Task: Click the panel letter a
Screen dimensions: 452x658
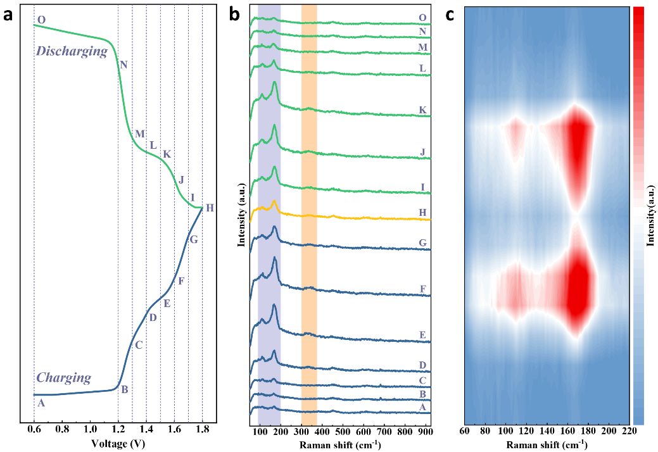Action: point(8,15)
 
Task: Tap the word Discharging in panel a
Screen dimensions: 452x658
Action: point(72,51)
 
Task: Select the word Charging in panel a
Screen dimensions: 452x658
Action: point(64,378)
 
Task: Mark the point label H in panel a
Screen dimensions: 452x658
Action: point(210,208)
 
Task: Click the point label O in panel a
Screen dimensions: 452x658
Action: point(41,20)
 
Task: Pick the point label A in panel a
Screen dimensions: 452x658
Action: point(41,403)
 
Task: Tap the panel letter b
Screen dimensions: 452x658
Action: point(234,15)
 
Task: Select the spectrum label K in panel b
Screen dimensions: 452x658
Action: point(422,110)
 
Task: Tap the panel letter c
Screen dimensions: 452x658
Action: point(450,15)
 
